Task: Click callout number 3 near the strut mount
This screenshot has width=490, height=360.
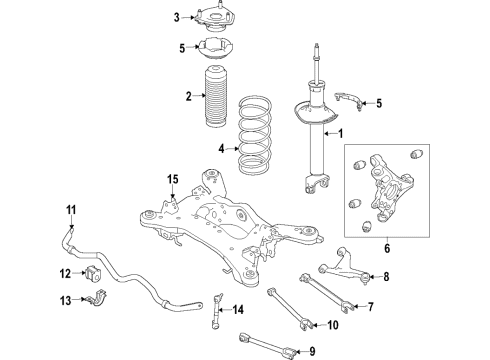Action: click(176, 17)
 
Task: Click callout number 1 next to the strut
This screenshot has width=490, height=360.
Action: click(339, 134)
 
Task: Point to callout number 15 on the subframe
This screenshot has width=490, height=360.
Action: click(172, 179)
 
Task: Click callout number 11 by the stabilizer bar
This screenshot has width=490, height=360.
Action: click(71, 209)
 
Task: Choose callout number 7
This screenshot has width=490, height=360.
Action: click(370, 307)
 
